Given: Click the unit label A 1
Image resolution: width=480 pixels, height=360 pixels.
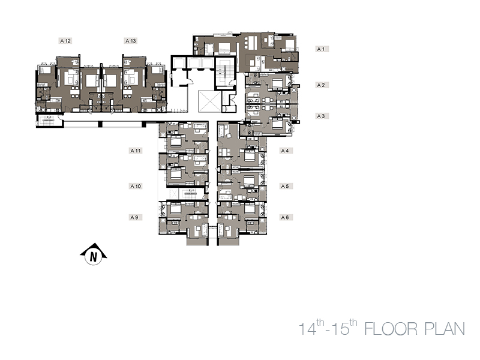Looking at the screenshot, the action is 322,49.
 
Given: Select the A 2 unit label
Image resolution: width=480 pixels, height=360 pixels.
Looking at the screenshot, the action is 322,85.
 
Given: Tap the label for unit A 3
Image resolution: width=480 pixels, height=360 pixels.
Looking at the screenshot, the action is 322,116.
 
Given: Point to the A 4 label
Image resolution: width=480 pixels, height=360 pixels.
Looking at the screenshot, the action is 286,151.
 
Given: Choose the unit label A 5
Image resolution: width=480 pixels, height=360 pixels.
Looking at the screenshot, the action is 286,186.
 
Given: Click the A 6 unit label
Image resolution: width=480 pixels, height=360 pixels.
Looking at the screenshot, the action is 286,217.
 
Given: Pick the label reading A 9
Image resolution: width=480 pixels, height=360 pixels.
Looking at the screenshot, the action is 136,217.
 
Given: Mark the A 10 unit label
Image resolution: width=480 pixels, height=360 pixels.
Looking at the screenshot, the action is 136,186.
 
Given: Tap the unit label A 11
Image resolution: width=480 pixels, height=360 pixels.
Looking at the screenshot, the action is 136,151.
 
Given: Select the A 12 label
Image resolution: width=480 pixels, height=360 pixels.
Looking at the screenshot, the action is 65,41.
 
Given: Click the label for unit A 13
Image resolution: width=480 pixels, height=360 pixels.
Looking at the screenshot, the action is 131,41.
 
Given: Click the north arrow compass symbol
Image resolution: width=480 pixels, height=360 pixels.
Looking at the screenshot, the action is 94,254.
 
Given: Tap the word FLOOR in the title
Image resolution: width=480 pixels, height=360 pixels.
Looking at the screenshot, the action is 391,329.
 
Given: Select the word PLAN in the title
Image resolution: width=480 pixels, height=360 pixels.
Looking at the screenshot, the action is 445,329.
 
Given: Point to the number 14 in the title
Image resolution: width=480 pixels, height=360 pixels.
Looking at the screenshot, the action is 307,329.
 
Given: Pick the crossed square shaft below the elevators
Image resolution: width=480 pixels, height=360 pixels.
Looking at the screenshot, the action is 209,101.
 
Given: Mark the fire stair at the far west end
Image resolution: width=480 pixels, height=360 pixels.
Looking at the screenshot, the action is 49,121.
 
